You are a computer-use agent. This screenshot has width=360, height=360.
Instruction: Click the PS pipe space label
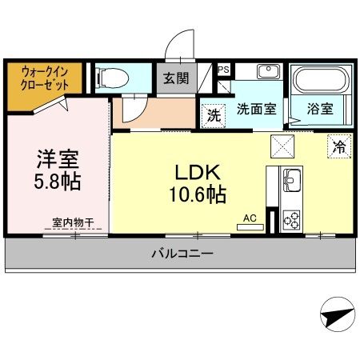pos(223,70)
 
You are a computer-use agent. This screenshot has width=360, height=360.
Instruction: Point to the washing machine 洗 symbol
pos(213,114)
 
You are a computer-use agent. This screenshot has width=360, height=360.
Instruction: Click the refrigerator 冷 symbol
pos(339,146)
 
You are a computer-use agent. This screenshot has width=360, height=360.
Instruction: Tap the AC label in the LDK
pos(249,217)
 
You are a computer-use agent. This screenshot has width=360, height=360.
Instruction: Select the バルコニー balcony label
pos(182,255)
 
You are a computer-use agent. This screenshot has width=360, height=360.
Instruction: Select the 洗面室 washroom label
pos(256,110)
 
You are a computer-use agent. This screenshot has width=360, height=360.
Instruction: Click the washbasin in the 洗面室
pos(267,72)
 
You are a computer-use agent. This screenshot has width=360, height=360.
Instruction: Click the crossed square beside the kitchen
pos(282,146)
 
